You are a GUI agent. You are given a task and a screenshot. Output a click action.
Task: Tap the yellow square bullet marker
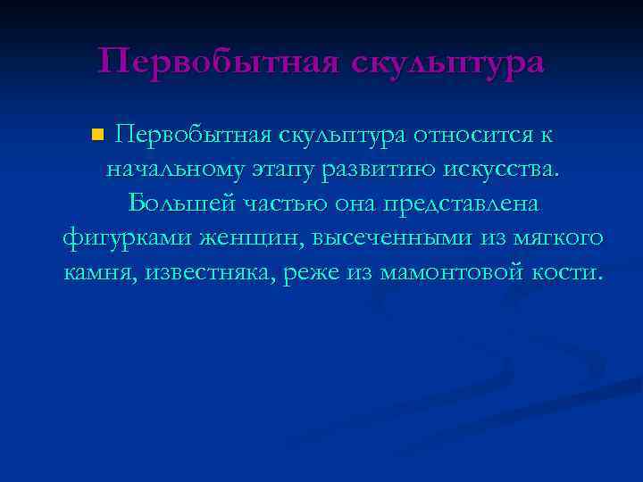click(x=98, y=136)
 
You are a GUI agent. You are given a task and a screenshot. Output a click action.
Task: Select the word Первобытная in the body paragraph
click(x=194, y=135)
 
